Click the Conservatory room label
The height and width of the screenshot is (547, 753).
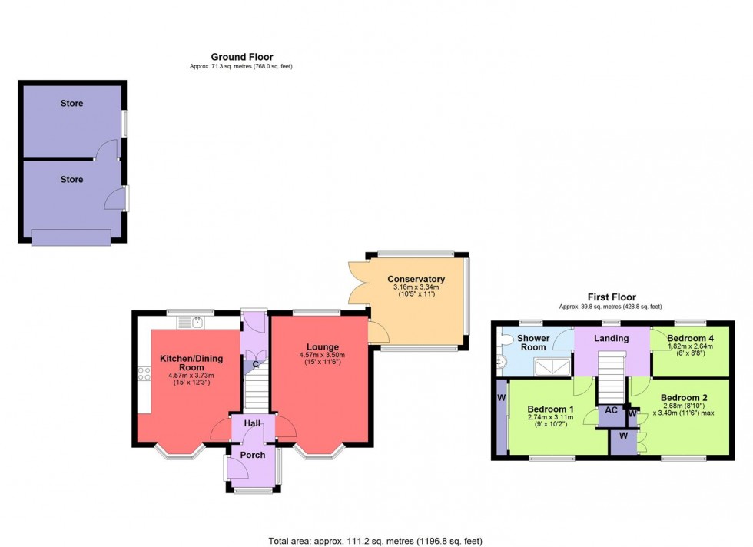tap(416, 279)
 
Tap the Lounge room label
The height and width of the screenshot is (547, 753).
tap(322, 346)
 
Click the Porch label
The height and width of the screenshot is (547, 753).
tap(252, 455)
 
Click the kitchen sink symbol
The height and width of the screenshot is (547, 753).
tap(198, 322)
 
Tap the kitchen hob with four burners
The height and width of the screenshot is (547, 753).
tap(143, 374)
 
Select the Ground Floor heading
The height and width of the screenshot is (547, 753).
tap(241, 57)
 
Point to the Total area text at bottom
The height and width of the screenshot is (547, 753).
tap(376, 541)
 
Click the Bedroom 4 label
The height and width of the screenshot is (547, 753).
tap(689, 338)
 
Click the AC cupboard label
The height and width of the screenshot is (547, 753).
tap(612, 410)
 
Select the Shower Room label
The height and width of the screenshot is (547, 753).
tap(533, 343)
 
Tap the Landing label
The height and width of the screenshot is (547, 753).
tap(612, 338)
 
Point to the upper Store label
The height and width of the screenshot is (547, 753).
tap(71, 104)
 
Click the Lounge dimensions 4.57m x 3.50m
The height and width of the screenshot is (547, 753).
tap(322, 355)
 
